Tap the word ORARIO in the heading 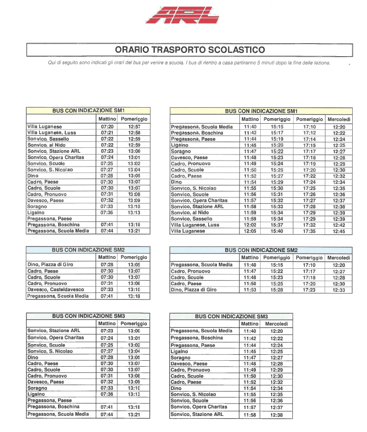click(133, 50)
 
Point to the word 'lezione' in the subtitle click(319, 63)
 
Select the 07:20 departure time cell click(106, 127)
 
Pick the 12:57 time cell click(134, 127)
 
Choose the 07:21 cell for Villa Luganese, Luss click(106, 132)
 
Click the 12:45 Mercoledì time click(339, 231)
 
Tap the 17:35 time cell click(309, 231)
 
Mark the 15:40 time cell click(277, 231)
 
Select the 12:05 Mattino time click(250, 231)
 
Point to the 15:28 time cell click(277, 290)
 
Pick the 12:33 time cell click(339, 290)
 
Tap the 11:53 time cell click(250, 290)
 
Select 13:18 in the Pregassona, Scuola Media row click(134, 297)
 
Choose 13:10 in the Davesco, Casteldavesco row click(134, 290)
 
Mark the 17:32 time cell click(309, 225)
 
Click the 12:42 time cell click(339, 225)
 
